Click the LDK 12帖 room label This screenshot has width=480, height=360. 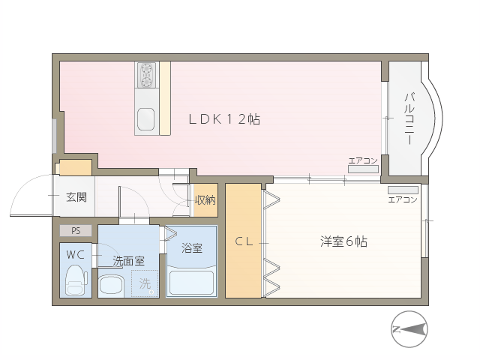pos(224,119)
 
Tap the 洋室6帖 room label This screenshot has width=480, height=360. pos(343,241)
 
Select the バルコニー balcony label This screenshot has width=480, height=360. pos(409,118)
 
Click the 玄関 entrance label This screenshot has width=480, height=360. pos(76,197)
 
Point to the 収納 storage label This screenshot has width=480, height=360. pos(205,200)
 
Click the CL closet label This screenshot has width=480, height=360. pos(244,241)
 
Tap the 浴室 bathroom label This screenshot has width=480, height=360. pos(192,247)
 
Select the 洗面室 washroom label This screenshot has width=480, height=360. pos(128,261)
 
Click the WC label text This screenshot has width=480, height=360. pos(75,255)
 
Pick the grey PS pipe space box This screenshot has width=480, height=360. pos(76,230)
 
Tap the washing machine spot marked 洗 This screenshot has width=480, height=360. pos(145,283)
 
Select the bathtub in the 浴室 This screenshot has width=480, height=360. pos(191,283)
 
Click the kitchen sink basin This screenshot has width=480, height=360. pos(145,119)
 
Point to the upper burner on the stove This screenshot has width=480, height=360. pos(146,67)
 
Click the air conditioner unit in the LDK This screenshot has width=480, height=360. pos(363,169)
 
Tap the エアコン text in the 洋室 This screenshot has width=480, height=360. pos(403,200)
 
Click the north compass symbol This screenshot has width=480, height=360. pos(409,329)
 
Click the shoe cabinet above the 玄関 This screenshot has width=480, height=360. pos(76,167)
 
